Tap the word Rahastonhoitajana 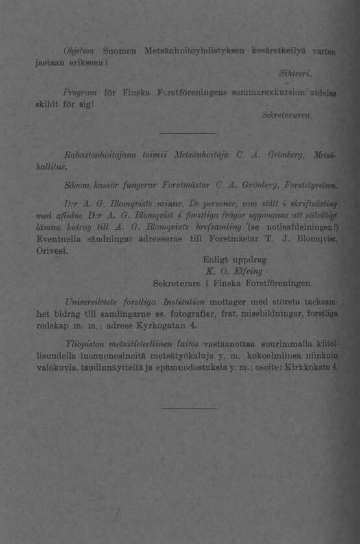(98, 155)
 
